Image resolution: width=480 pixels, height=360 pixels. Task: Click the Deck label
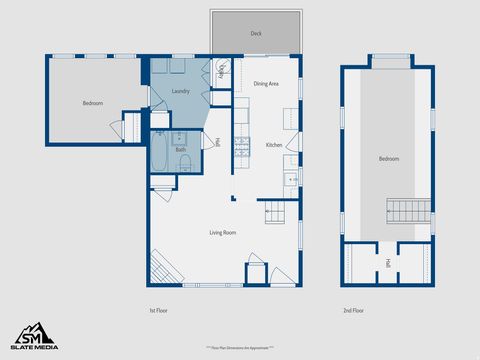coord(256,33)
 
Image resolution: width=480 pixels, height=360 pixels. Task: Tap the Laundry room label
coord(181,91)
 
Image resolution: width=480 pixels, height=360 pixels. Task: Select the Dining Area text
coord(266,84)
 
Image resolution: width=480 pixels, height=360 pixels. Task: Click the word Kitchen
coord(274,145)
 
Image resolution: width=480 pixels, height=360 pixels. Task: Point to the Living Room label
coord(222,232)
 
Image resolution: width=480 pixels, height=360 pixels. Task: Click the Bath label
coord(181,150)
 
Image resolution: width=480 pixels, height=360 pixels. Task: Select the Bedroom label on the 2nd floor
coord(388,159)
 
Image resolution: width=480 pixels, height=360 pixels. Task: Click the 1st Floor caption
coord(158,311)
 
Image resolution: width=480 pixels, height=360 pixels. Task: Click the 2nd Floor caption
coord(353,311)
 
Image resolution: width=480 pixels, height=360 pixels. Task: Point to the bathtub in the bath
coord(160,155)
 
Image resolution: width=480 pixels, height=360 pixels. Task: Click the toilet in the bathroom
coord(186,163)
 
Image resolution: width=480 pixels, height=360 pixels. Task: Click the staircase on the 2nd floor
coord(406,211)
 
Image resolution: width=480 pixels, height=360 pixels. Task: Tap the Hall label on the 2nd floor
coord(388,264)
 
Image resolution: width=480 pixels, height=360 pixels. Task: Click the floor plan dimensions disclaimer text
coord(240,346)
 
